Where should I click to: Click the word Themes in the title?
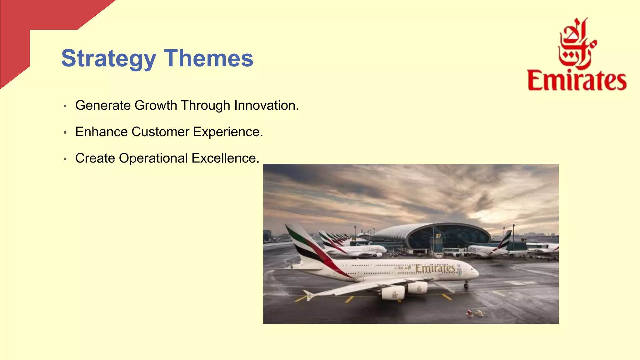[x=208, y=58]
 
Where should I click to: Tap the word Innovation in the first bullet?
[x=266, y=105]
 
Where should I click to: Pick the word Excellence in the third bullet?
[x=225, y=158]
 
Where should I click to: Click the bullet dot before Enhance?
[x=65, y=133]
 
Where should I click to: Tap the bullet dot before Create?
[x=65, y=159]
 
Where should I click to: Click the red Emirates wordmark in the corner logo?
[x=577, y=81]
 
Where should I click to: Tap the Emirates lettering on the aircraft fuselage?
[x=435, y=268]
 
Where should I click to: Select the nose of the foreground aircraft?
[x=476, y=273]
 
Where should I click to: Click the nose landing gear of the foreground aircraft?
[x=466, y=284]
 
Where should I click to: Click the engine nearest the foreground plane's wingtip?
[x=393, y=293]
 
